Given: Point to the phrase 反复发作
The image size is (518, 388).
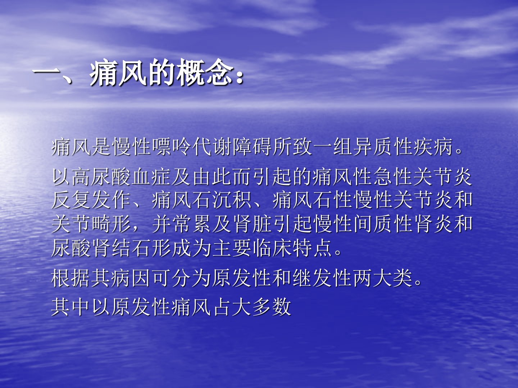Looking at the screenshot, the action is click(91, 200).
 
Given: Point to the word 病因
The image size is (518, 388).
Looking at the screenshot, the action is click(131, 278).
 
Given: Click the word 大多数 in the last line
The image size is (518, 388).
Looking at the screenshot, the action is click(262, 306).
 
